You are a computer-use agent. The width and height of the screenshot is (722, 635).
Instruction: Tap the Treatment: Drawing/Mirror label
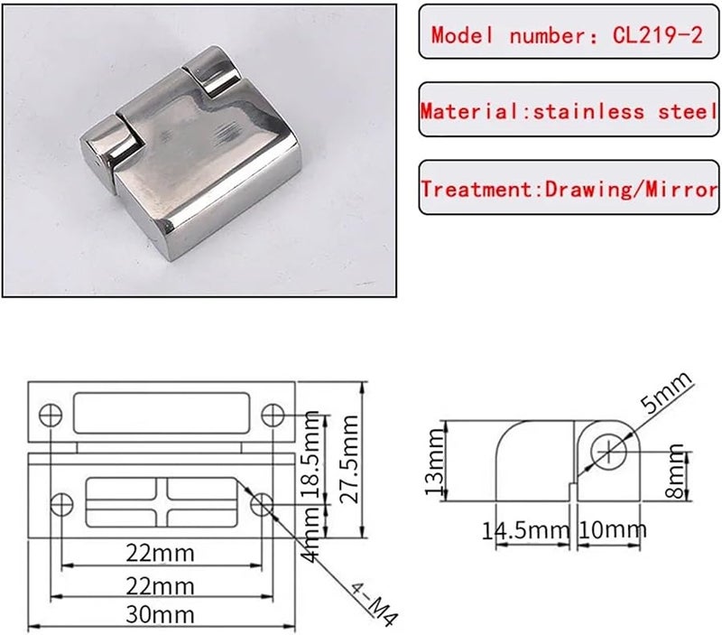pos(569,189)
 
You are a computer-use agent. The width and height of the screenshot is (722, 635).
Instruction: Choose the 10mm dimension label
pos(612,528)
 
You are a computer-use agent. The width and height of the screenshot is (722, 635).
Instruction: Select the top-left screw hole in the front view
pos(51,414)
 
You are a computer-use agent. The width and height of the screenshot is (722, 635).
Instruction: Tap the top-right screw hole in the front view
pos(273,414)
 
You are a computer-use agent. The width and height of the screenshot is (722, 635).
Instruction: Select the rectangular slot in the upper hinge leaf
pos(162,414)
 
